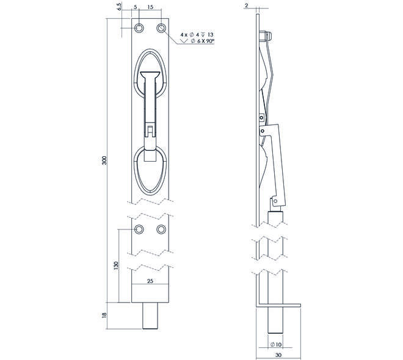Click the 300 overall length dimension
tap(104, 160)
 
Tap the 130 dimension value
tap(116, 265)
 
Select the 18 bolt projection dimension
tap(104, 316)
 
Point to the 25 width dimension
tap(150, 281)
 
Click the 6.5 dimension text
tap(120, 7)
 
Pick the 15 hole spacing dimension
tap(150, 7)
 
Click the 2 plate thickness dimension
tap(247, 5)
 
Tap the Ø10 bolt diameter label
tap(276, 344)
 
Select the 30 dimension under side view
tap(278, 355)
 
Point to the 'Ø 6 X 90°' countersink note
tap(203, 41)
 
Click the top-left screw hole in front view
tap(139, 27)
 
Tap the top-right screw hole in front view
tap(161, 27)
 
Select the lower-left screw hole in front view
tap(139, 229)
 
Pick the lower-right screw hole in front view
tap(161, 229)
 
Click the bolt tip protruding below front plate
tap(150, 315)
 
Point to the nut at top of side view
tap(265, 37)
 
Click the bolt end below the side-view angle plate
tap(275, 320)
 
